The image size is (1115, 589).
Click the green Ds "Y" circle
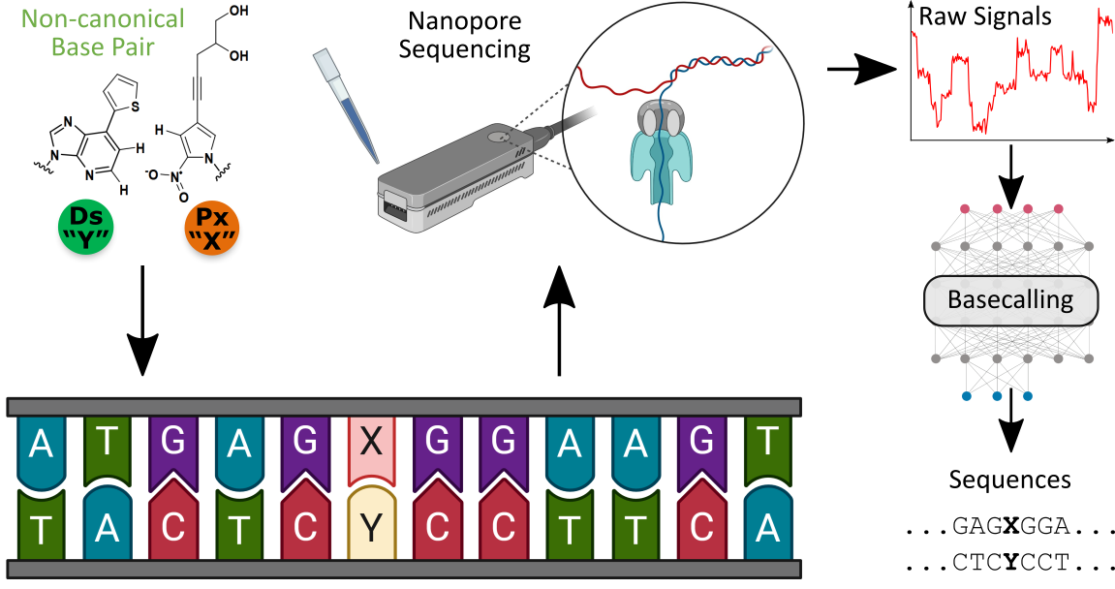(86, 230)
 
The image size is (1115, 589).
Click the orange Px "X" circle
(212, 230)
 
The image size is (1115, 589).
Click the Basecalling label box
(1010, 300)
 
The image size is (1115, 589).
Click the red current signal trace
(1007, 77)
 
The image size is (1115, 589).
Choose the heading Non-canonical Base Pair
(103, 32)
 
